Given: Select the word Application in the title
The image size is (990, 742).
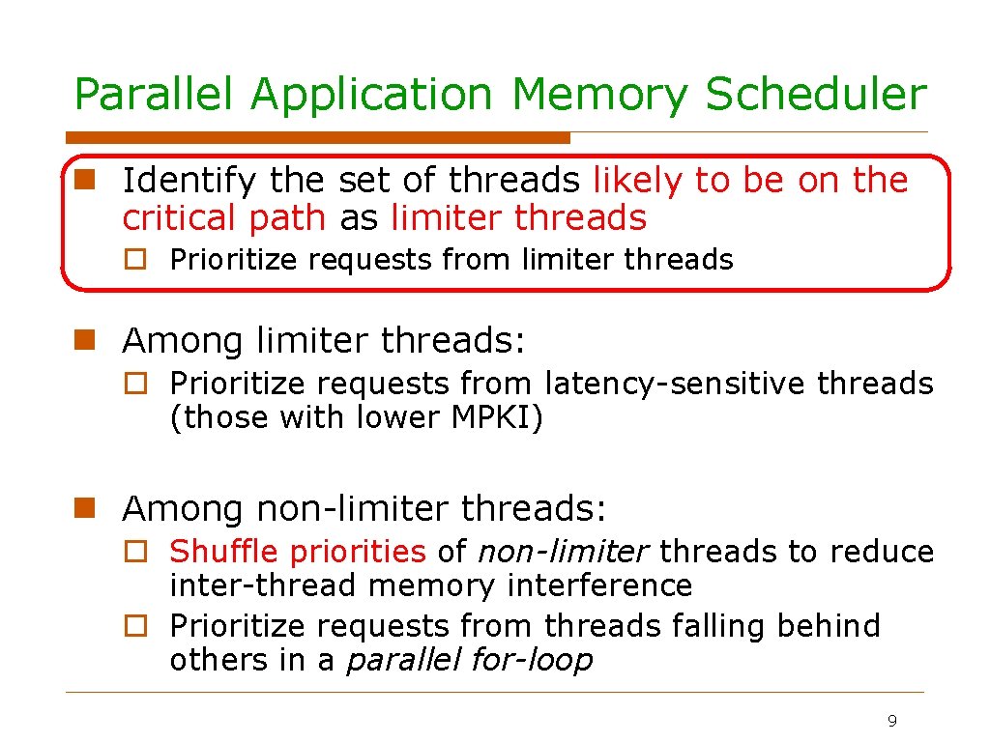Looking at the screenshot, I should coord(371,96).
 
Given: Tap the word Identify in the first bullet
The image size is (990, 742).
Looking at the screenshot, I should coord(189,181).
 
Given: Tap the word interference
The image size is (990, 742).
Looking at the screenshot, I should coord(609,585).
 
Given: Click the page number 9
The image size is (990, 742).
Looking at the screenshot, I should coord(891,721).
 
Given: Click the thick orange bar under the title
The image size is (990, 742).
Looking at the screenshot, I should coord(319,138).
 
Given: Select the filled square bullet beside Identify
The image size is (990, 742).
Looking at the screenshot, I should coord(85,180).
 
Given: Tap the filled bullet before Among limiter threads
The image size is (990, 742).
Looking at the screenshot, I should coord(85,340).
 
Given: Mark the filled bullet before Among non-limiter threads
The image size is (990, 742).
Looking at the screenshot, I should coord(85,507).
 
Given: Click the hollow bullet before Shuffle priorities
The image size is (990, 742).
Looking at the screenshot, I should coord(137,552).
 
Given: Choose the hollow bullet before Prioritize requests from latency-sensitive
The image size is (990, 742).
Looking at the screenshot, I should coord(137,384).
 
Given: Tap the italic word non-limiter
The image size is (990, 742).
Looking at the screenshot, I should coord(563,552).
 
